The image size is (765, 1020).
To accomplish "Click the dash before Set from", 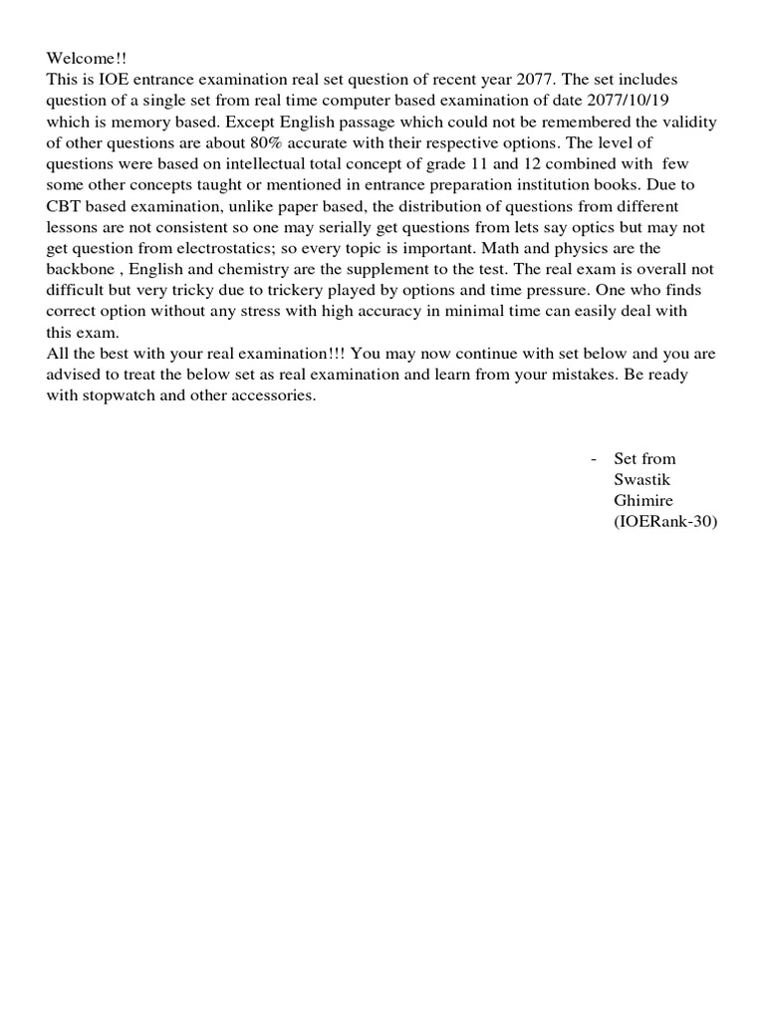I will pyautogui.click(x=594, y=459).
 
